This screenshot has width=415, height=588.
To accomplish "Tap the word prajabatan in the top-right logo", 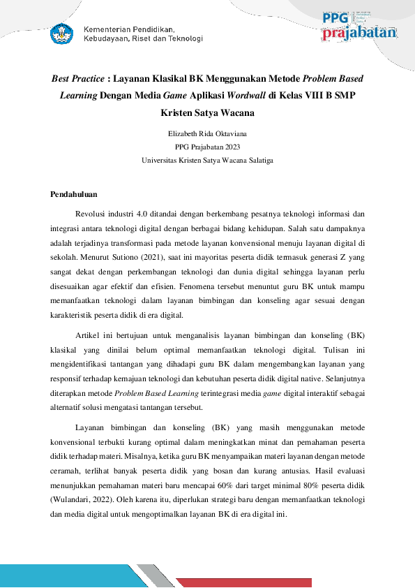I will tap(359, 33).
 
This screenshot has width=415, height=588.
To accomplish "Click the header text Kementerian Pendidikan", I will tap(129, 29).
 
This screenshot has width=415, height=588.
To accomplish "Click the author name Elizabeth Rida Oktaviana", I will tap(207, 133).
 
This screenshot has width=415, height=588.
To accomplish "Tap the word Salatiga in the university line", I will tap(258, 160).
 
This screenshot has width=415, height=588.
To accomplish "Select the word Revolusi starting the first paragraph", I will tap(91, 214).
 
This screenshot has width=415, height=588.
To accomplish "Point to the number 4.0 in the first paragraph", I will tap(144, 214).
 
